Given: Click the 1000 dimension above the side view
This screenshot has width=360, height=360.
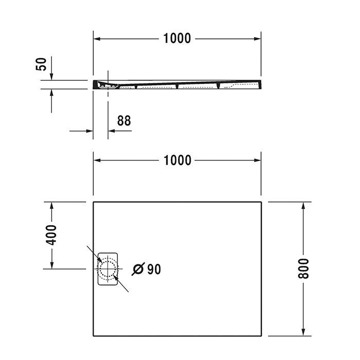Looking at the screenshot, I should click(x=177, y=38).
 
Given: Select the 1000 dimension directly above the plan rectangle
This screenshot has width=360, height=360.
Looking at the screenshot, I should click(x=177, y=160).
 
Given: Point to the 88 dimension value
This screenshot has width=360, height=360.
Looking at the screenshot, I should click(x=124, y=121).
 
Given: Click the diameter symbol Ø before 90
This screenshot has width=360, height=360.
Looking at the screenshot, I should click(x=138, y=269).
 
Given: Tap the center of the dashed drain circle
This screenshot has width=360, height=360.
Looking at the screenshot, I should click(x=108, y=268).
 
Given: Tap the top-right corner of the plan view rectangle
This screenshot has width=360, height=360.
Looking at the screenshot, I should click(x=262, y=202).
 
